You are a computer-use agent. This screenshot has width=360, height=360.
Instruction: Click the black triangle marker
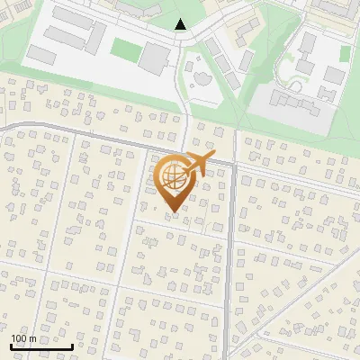[181, 25]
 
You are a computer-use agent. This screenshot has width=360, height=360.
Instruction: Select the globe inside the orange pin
[171, 176]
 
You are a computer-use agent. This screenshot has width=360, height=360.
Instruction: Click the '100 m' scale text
[23, 338]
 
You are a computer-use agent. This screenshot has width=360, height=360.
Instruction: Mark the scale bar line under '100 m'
[41, 346]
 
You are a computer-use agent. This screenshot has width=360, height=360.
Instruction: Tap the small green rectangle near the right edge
[344, 54]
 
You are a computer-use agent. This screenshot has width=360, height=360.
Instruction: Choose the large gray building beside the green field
[155, 58]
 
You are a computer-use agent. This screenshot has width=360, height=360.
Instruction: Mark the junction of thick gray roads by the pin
[233, 165]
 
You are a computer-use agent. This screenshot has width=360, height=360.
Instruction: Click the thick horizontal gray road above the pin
[108, 138]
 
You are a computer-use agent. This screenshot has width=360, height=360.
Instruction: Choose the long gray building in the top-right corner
[333, 9]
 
